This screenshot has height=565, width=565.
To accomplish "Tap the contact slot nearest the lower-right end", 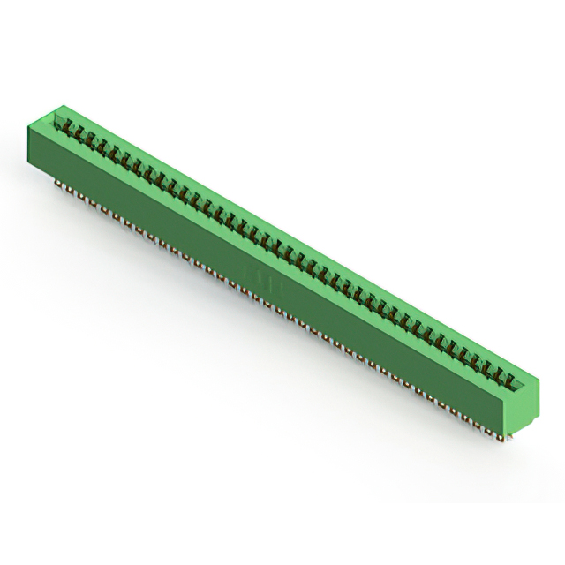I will click(x=509, y=379).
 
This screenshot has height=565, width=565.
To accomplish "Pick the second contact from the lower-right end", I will click(x=498, y=373).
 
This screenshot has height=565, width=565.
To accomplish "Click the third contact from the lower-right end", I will click(x=486, y=365).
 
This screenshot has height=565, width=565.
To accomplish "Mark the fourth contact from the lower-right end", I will click(x=475, y=359).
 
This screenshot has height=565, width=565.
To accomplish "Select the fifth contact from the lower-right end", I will click(x=463, y=352).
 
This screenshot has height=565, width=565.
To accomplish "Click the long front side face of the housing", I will click(x=265, y=265).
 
